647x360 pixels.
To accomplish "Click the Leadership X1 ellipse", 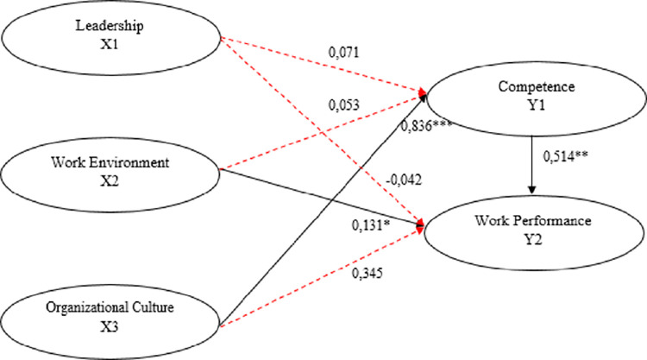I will [x=111, y=39].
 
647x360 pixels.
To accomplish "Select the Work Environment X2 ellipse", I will [x=111, y=172].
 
